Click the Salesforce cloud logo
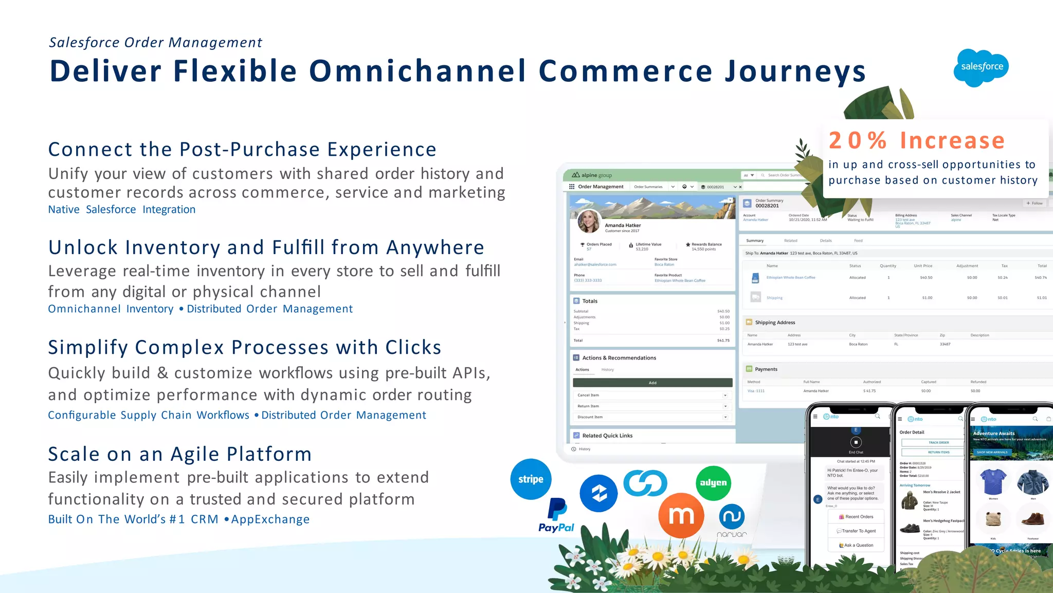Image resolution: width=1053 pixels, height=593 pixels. [981, 67]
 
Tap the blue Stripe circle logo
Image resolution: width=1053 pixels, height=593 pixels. [531, 479]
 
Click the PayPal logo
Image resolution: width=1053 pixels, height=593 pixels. [556, 516]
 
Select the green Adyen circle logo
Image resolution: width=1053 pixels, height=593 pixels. [713, 483]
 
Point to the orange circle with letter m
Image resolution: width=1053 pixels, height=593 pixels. [681, 515]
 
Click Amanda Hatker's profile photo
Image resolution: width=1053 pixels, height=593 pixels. [589, 222]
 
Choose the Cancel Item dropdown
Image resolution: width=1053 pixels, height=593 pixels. [652, 396]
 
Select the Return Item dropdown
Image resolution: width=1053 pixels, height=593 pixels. [652, 406]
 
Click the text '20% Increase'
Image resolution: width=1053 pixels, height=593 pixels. [916, 140]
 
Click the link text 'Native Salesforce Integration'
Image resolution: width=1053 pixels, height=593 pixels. [122, 210]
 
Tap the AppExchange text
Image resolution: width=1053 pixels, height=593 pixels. [270, 519]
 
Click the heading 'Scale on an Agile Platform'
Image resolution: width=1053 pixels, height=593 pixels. [180, 454]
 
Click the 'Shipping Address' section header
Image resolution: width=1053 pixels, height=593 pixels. [774, 322]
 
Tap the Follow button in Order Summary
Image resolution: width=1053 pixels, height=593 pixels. [1034, 203]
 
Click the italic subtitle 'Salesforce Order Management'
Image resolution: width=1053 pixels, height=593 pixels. [155, 43]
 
